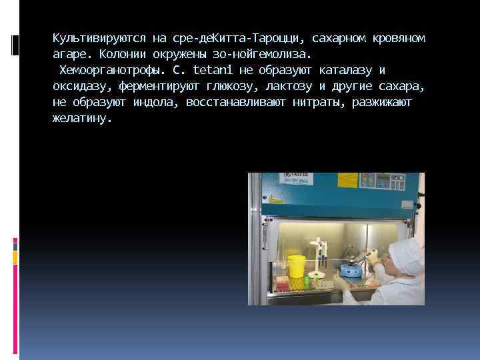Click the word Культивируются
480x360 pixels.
tap(87, 38)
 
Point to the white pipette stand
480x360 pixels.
tap(321, 257)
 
